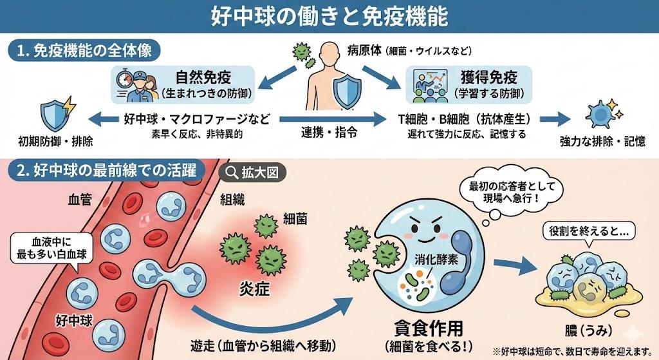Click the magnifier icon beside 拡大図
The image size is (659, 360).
click(230, 173)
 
